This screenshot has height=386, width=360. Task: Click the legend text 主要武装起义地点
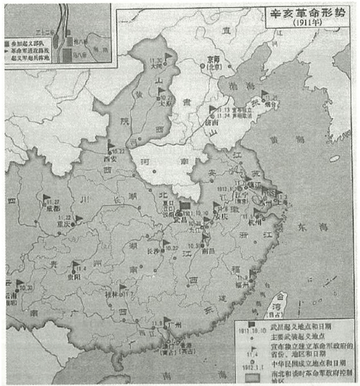pyautogui.click(x=301, y=337)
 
